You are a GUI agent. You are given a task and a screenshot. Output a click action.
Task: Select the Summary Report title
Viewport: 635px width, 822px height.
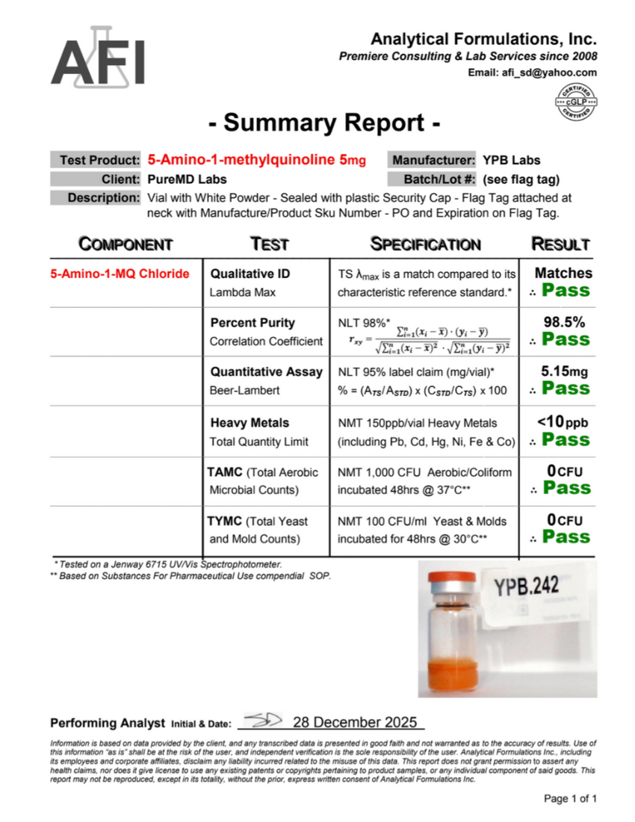tap(323, 123)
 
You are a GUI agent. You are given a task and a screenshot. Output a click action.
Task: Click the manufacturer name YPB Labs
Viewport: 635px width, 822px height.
tap(511, 160)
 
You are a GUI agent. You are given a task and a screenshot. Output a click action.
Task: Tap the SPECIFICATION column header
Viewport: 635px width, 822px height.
tap(426, 244)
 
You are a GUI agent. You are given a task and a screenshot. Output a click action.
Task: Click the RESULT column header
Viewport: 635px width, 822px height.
tap(560, 244)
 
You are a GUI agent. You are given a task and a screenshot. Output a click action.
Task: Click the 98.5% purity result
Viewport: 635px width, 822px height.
tap(564, 323)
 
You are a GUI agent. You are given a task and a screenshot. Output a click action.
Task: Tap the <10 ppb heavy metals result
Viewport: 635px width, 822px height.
tap(562, 423)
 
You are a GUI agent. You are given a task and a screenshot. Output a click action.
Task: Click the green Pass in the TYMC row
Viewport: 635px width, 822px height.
tap(566, 537)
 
